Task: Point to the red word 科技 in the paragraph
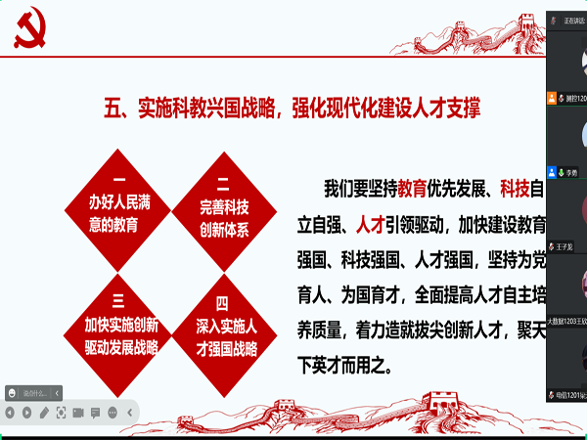tap(515, 188)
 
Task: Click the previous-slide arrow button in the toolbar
tap(11, 412)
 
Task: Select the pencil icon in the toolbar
tap(44, 412)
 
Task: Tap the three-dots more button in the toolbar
tap(113, 412)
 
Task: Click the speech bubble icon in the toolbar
tap(96, 412)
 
